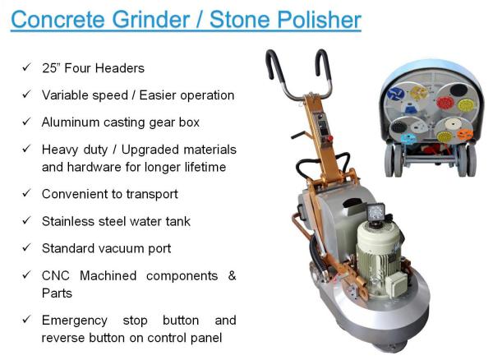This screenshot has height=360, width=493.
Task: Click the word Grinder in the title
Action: click(x=150, y=20)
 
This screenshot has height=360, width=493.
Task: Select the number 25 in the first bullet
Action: click(x=49, y=68)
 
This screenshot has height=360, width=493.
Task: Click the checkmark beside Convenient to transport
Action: click(x=27, y=193)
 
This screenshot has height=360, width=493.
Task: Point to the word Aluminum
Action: click(x=71, y=122)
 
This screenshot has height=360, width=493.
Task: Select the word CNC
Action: click(x=55, y=275)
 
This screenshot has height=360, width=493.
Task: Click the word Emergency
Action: click(x=75, y=321)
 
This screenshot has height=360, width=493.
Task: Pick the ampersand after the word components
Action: click(x=232, y=275)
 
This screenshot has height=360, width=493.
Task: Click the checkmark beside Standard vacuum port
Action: click(x=27, y=247)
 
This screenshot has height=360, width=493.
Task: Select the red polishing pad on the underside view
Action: click(x=445, y=102)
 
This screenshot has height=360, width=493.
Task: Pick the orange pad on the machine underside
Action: click(x=464, y=135)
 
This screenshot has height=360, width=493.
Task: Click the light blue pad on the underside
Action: click(x=408, y=139)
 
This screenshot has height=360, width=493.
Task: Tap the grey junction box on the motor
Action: click(x=396, y=284)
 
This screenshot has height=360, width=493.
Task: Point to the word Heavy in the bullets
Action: click(x=56, y=150)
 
